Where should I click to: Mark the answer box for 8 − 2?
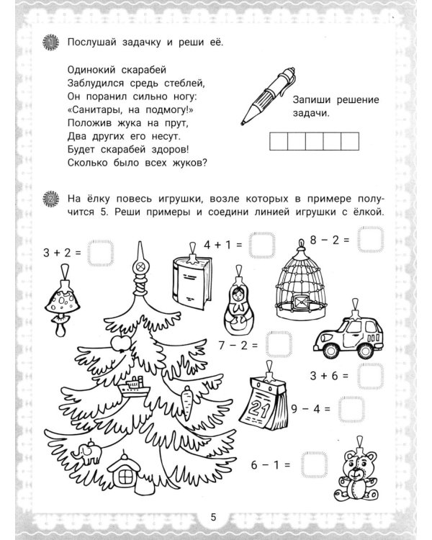coord(372,239)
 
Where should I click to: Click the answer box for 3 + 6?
coord(372,375)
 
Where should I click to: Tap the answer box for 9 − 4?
coord(351,408)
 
